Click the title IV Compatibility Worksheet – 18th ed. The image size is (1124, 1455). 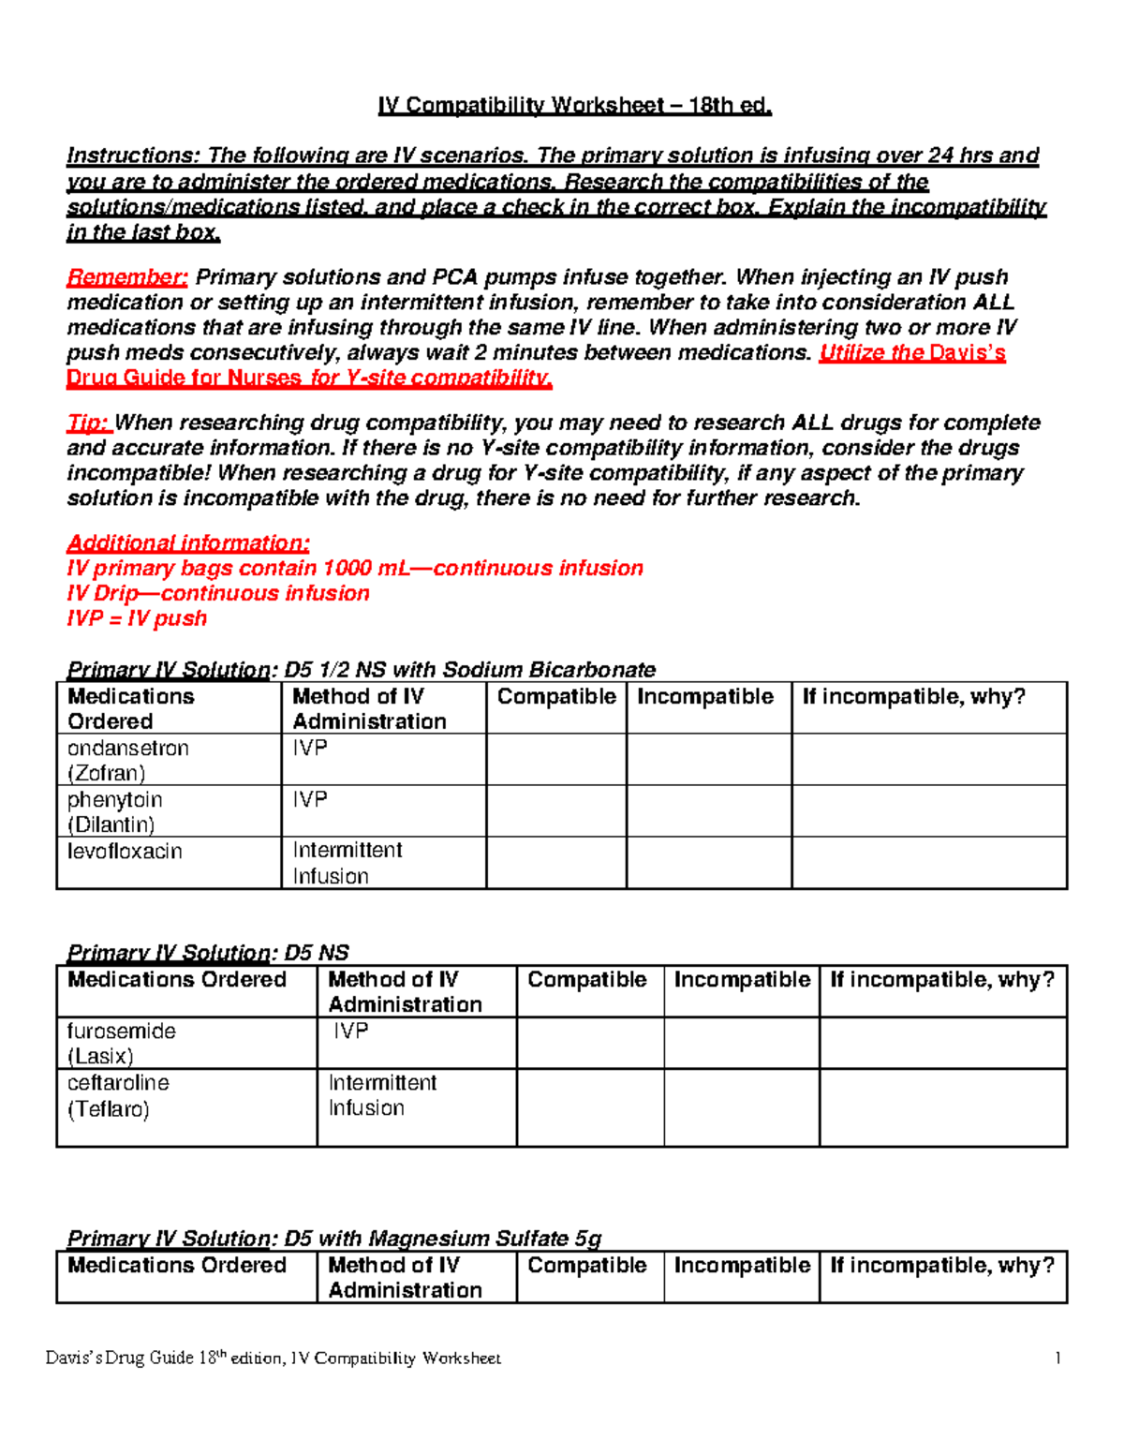click(574, 106)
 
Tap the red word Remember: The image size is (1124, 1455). click(127, 277)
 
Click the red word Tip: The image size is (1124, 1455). click(89, 423)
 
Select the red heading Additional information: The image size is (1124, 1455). click(188, 543)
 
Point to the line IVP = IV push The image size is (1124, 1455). click(137, 618)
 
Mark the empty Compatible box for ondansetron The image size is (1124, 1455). click(556, 760)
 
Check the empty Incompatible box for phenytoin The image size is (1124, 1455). click(709, 811)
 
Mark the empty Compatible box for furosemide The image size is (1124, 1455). click(590, 1043)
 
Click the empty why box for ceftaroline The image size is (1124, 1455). click(943, 1107)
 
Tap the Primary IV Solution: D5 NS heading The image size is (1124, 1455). click(208, 953)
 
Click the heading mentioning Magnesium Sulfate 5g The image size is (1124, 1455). click(334, 1239)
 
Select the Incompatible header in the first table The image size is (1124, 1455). click(705, 697)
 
